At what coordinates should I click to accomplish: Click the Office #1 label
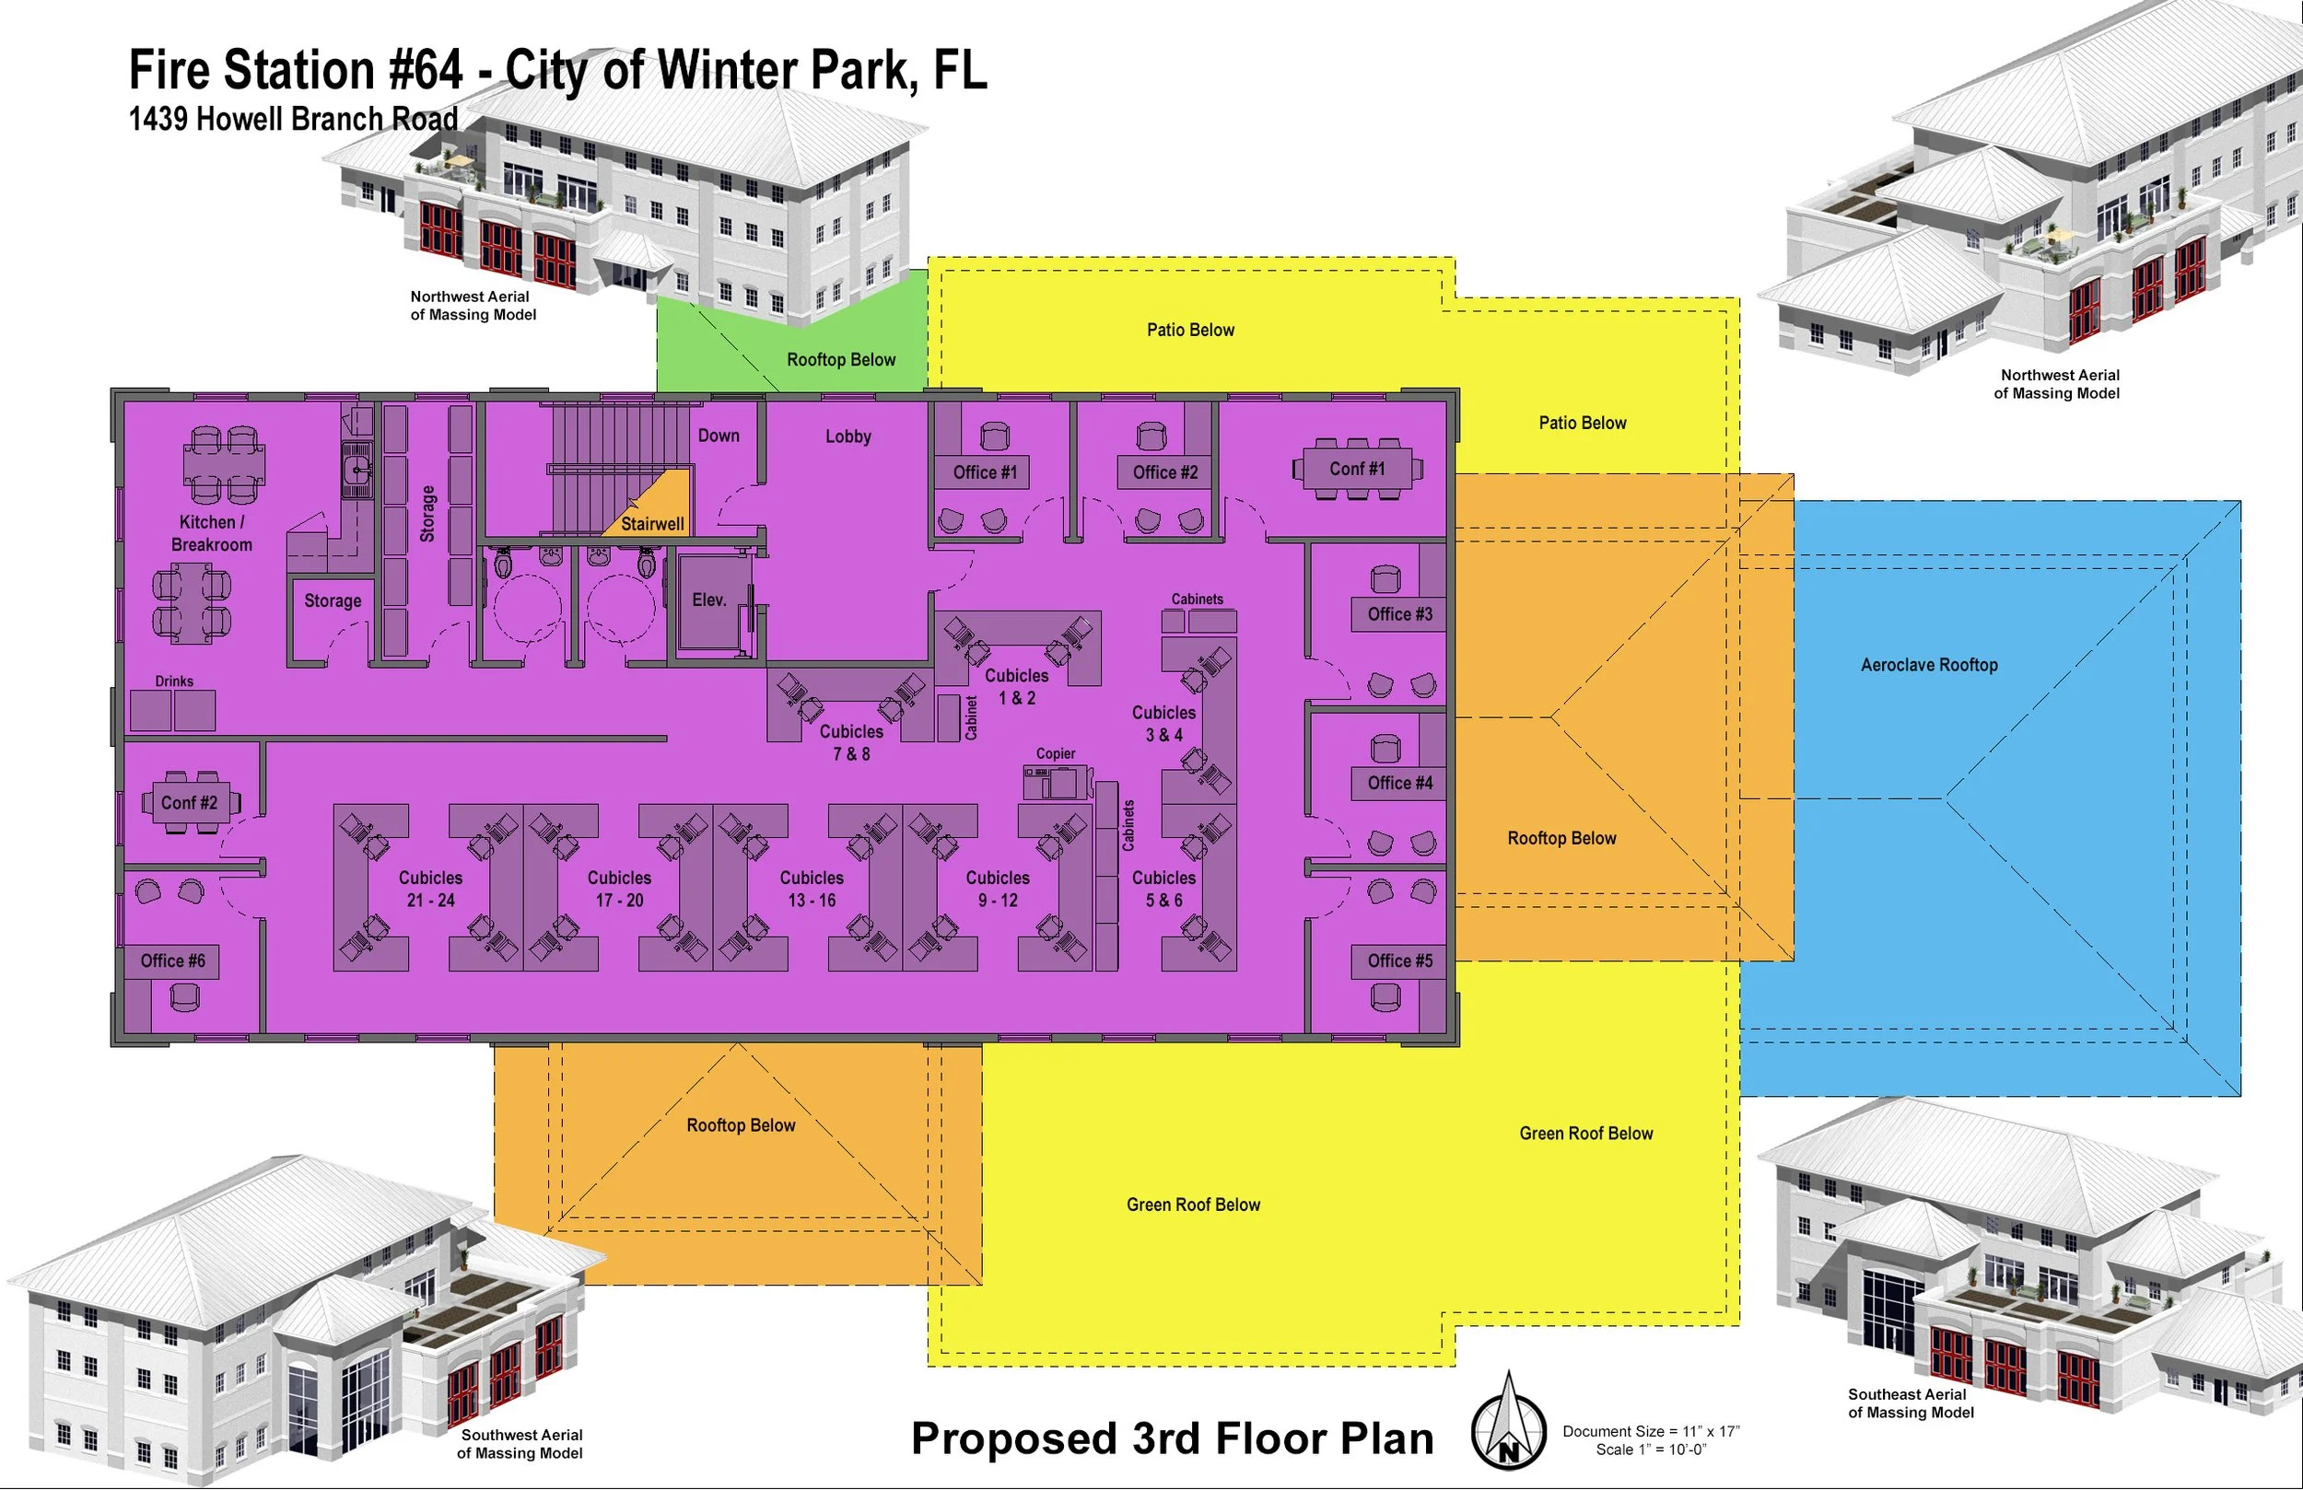(x=984, y=472)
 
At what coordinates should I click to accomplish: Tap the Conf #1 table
(x=1357, y=470)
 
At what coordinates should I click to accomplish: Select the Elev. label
(x=708, y=599)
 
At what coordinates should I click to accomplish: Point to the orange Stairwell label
(x=651, y=523)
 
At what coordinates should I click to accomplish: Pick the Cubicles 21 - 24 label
(x=430, y=888)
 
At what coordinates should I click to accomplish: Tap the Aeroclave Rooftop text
(x=1928, y=665)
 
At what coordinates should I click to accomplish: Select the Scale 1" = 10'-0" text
(x=1651, y=1449)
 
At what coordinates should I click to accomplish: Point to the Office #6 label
(x=172, y=960)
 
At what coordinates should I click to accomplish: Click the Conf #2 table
(x=190, y=803)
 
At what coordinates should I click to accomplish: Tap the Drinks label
(x=174, y=681)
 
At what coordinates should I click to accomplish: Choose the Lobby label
(x=848, y=437)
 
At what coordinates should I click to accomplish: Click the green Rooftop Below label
(x=841, y=360)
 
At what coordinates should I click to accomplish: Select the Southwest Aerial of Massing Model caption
(x=520, y=1444)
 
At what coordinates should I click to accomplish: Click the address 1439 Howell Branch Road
(x=293, y=119)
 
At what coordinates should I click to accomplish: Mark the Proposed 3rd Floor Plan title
(x=1172, y=1438)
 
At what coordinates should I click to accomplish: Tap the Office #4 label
(x=1399, y=783)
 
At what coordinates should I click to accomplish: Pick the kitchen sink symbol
(x=357, y=471)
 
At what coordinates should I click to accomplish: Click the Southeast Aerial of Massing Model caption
(x=1909, y=1403)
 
